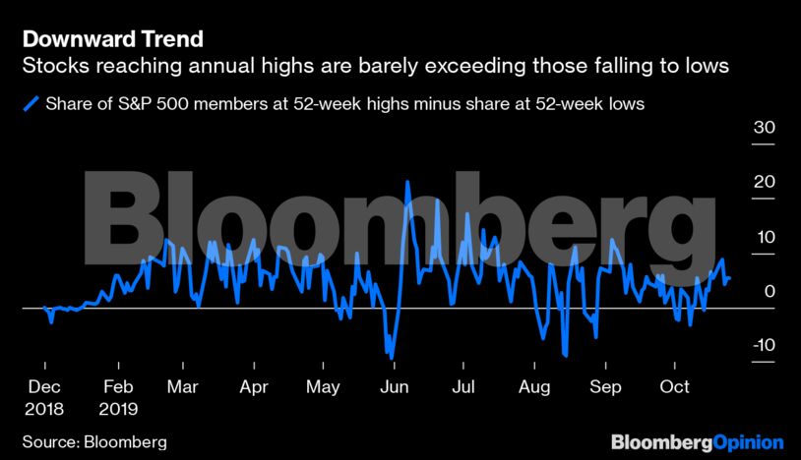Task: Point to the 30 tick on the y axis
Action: pos(764,128)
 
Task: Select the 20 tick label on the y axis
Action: pos(764,183)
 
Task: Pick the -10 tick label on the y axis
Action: pos(761,346)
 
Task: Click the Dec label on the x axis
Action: pos(44,387)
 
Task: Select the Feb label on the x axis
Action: pos(118,387)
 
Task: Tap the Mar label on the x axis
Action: pos(183,387)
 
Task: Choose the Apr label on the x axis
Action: pos(254,387)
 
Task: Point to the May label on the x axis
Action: pos(323,387)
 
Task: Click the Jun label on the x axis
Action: pos(394,387)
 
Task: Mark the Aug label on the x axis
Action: pos(535,387)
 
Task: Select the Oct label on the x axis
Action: pos(675,387)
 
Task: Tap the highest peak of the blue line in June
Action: pos(406,183)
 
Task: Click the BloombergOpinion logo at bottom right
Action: pos(697,441)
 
